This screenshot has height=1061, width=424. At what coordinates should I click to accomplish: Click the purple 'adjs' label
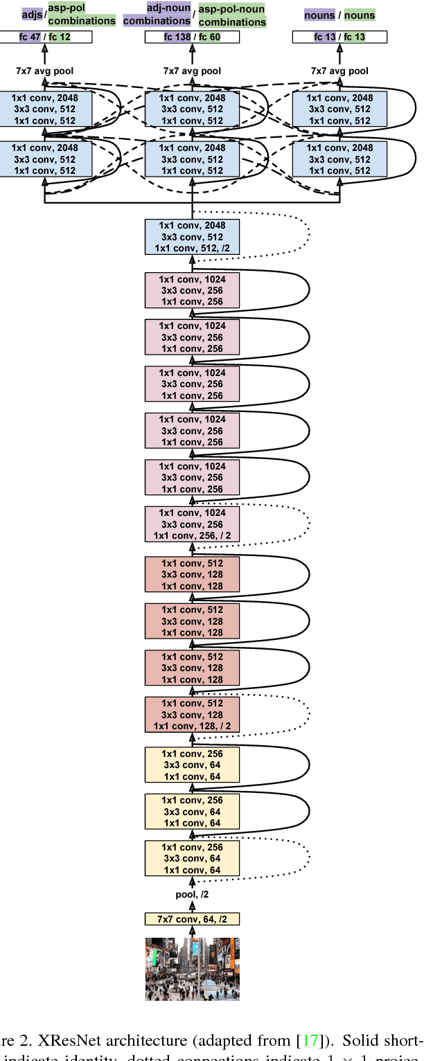tap(32, 14)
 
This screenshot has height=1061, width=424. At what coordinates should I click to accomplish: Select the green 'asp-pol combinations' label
tap(82, 15)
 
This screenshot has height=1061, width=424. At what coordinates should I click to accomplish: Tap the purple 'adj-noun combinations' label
tap(157, 15)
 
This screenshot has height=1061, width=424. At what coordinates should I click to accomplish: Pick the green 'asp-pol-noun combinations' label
tap(231, 15)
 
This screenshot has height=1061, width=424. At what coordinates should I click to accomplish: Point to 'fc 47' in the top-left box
tap(30, 36)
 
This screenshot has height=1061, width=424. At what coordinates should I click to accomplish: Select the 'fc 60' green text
tap(210, 36)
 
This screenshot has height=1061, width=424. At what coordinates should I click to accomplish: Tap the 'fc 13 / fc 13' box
tap(339, 36)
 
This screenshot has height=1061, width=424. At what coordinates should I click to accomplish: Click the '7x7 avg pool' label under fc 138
tap(192, 71)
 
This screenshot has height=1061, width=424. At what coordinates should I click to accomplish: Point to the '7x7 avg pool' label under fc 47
tap(44, 71)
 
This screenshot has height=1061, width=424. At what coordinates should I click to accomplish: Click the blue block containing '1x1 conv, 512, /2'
tap(192, 237)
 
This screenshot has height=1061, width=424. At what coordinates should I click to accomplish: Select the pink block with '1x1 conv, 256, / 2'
tap(192, 524)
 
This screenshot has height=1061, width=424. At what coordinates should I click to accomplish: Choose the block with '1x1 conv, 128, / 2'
tap(192, 715)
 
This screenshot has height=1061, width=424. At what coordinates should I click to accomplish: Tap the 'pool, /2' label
tap(192, 895)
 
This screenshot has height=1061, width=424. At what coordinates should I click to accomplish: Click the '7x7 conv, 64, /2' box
tap(192, 919)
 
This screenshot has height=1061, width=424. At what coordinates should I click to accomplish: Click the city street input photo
tap(192, 968)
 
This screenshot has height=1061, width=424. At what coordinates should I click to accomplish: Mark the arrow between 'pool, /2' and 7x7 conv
tap(192, 907)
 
